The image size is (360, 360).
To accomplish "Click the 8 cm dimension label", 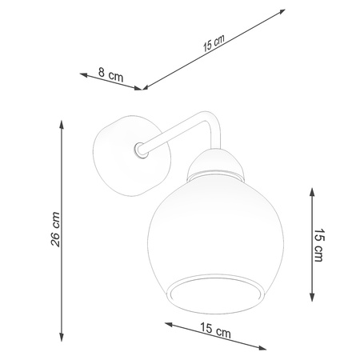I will click(x=111, y=77).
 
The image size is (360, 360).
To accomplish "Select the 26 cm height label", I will click(x=55, y=230).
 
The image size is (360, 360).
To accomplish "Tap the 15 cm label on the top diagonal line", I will click(x=212, y=44).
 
